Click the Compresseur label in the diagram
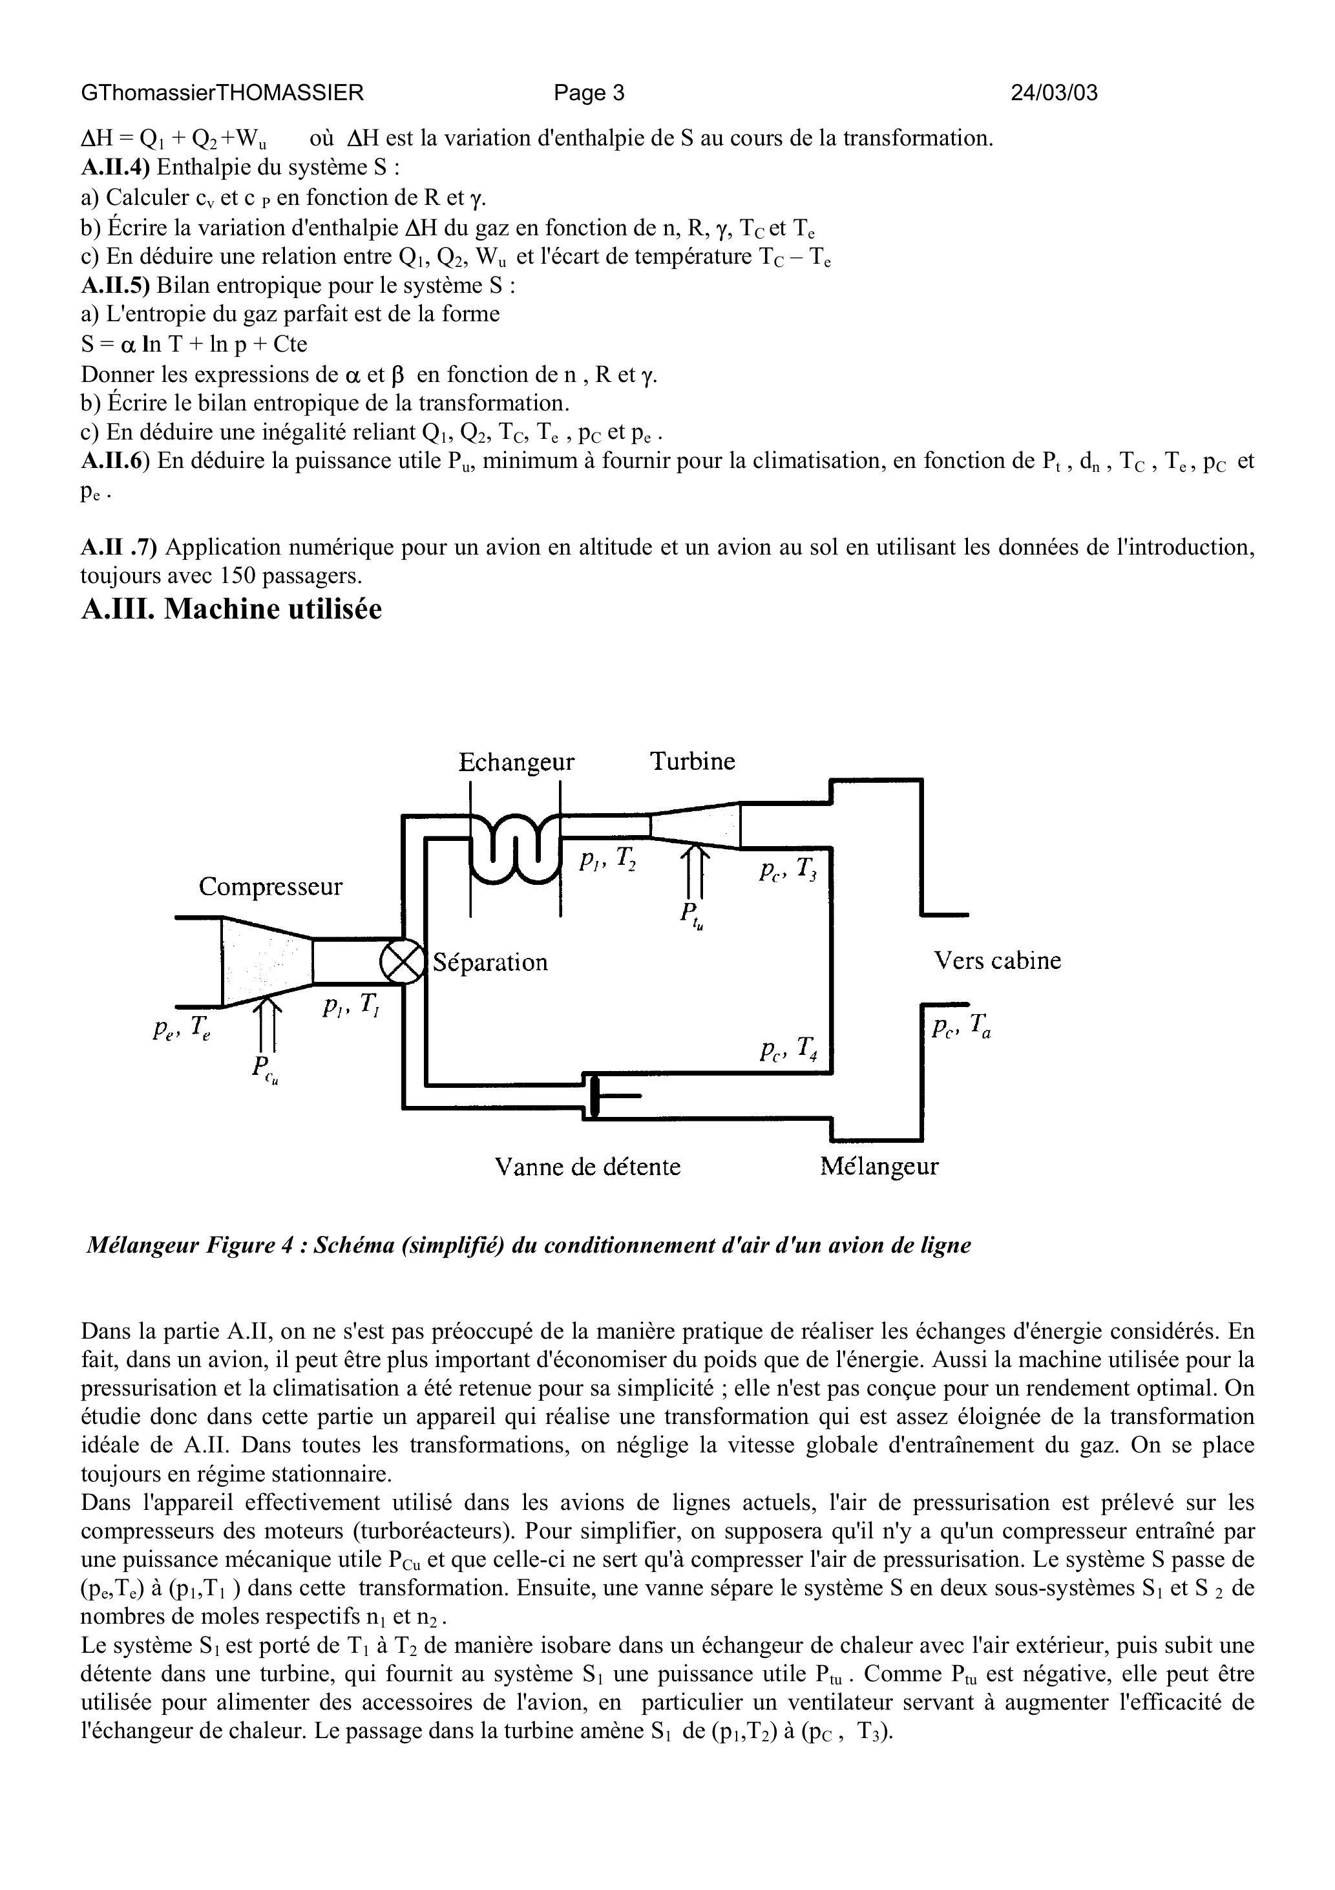[270, 887]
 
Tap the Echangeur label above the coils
[516, 762]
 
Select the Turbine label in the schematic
[692, 761]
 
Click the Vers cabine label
[996, 961]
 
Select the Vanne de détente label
[587, 1167]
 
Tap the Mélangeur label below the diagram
[879, 1167]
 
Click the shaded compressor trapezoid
[266, 961]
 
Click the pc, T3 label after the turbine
[788, 872]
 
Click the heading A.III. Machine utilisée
[231, 609]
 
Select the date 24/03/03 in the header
[1053, 93]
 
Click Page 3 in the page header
[589, 93]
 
